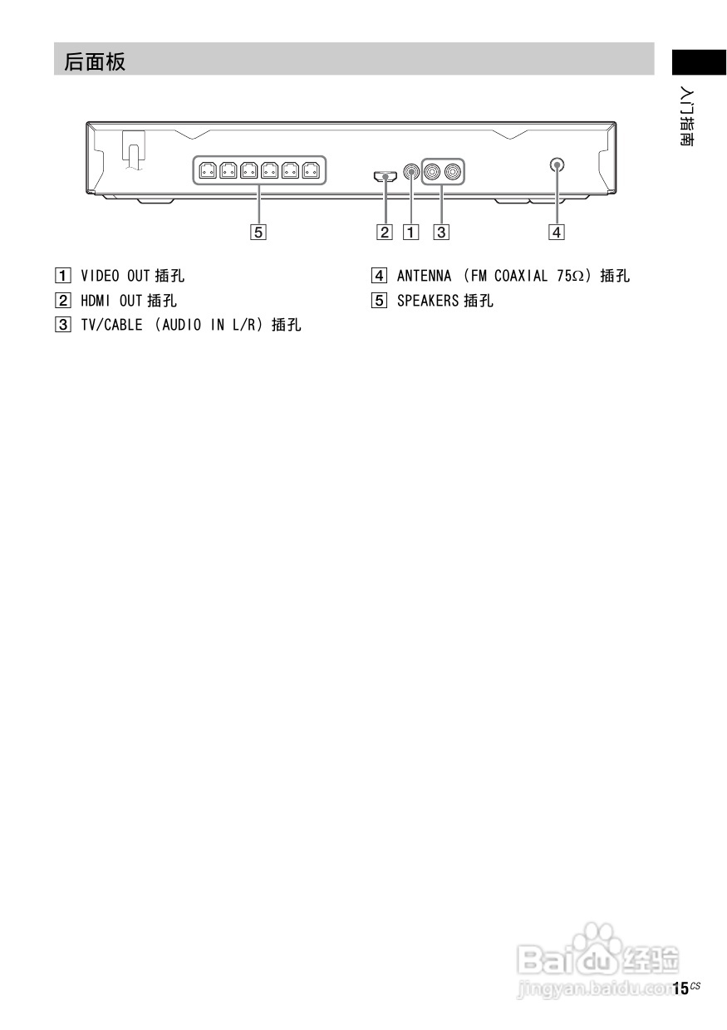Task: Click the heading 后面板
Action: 95,61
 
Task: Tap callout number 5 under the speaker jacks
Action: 259,233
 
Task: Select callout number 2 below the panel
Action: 384,233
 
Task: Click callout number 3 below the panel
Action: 441,233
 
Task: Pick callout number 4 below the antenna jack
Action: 556,233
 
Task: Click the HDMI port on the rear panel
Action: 384,175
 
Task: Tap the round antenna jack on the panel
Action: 556,164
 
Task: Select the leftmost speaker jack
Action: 207,171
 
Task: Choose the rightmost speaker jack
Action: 311,171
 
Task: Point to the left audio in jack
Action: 433,172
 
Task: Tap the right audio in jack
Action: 453,172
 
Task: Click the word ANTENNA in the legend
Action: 424,276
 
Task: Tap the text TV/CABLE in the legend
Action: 113,326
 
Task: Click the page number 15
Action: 680,988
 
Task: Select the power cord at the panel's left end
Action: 133,152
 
